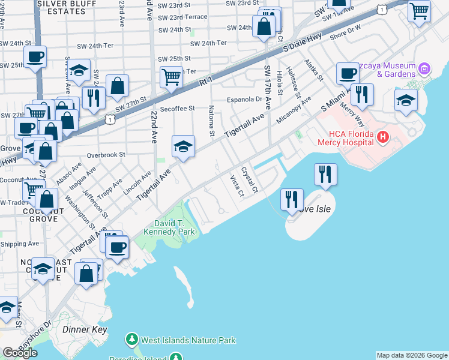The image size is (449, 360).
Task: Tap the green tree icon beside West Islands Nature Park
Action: (131, 340)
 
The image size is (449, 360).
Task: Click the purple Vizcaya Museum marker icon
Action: (425, 69)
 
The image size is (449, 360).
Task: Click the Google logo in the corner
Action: (20, 353)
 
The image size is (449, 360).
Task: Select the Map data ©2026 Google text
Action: (412, 355)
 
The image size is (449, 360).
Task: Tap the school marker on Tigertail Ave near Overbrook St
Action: (183, 146)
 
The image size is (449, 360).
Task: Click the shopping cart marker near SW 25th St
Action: (172, 77)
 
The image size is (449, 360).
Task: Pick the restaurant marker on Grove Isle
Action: (292, 199)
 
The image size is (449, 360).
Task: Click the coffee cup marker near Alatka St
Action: (348, 74)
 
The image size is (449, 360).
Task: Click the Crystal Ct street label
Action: (250, 180)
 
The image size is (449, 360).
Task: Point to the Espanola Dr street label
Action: (244, 100)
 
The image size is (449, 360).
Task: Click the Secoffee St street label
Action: (176, 109)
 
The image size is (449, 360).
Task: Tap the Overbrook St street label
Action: (105, 154)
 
